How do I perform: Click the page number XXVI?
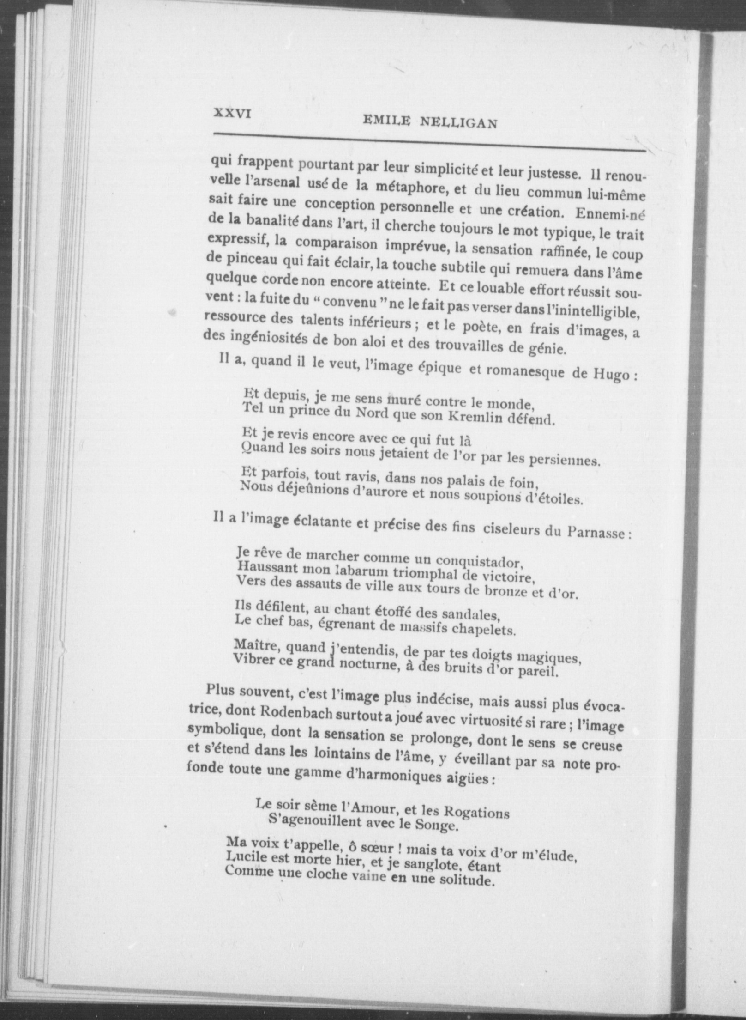232,113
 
